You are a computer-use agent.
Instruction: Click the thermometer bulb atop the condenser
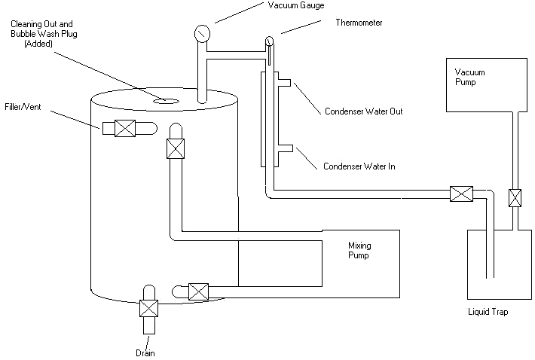point(268,40)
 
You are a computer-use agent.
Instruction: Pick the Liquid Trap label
point(488,311)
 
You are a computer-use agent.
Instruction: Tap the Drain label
point(147,352)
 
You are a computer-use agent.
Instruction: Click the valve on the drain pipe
point(148,309)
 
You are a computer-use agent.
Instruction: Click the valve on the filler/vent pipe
point(124,129)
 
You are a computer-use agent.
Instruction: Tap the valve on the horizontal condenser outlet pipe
point(460,194)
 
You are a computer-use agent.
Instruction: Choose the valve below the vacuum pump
point(515,198)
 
